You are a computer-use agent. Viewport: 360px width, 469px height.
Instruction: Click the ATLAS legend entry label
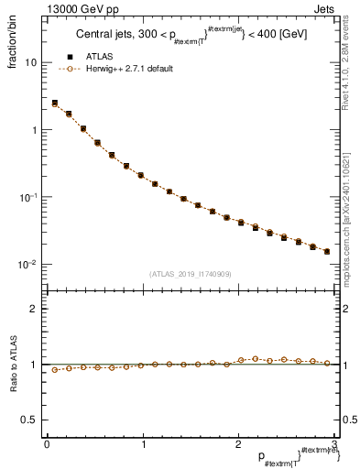[x=98, y=56]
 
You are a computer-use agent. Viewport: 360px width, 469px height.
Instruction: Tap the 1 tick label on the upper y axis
[x=34, y=130]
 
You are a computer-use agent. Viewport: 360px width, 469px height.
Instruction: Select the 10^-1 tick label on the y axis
[x=28, y=197]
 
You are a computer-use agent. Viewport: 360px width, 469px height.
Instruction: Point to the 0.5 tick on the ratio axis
[x=30, y=420]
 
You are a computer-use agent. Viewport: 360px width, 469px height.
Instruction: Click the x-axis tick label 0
[x=47, y=444]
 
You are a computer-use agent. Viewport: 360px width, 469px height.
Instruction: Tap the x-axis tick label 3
[x=335, y=444]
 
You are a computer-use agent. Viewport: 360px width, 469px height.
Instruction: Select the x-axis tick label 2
[x=239, y=444]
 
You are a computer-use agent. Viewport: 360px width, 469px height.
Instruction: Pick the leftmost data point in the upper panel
[x=55, y=104]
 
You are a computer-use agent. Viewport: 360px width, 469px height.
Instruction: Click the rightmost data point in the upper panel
[x=327, y=251]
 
